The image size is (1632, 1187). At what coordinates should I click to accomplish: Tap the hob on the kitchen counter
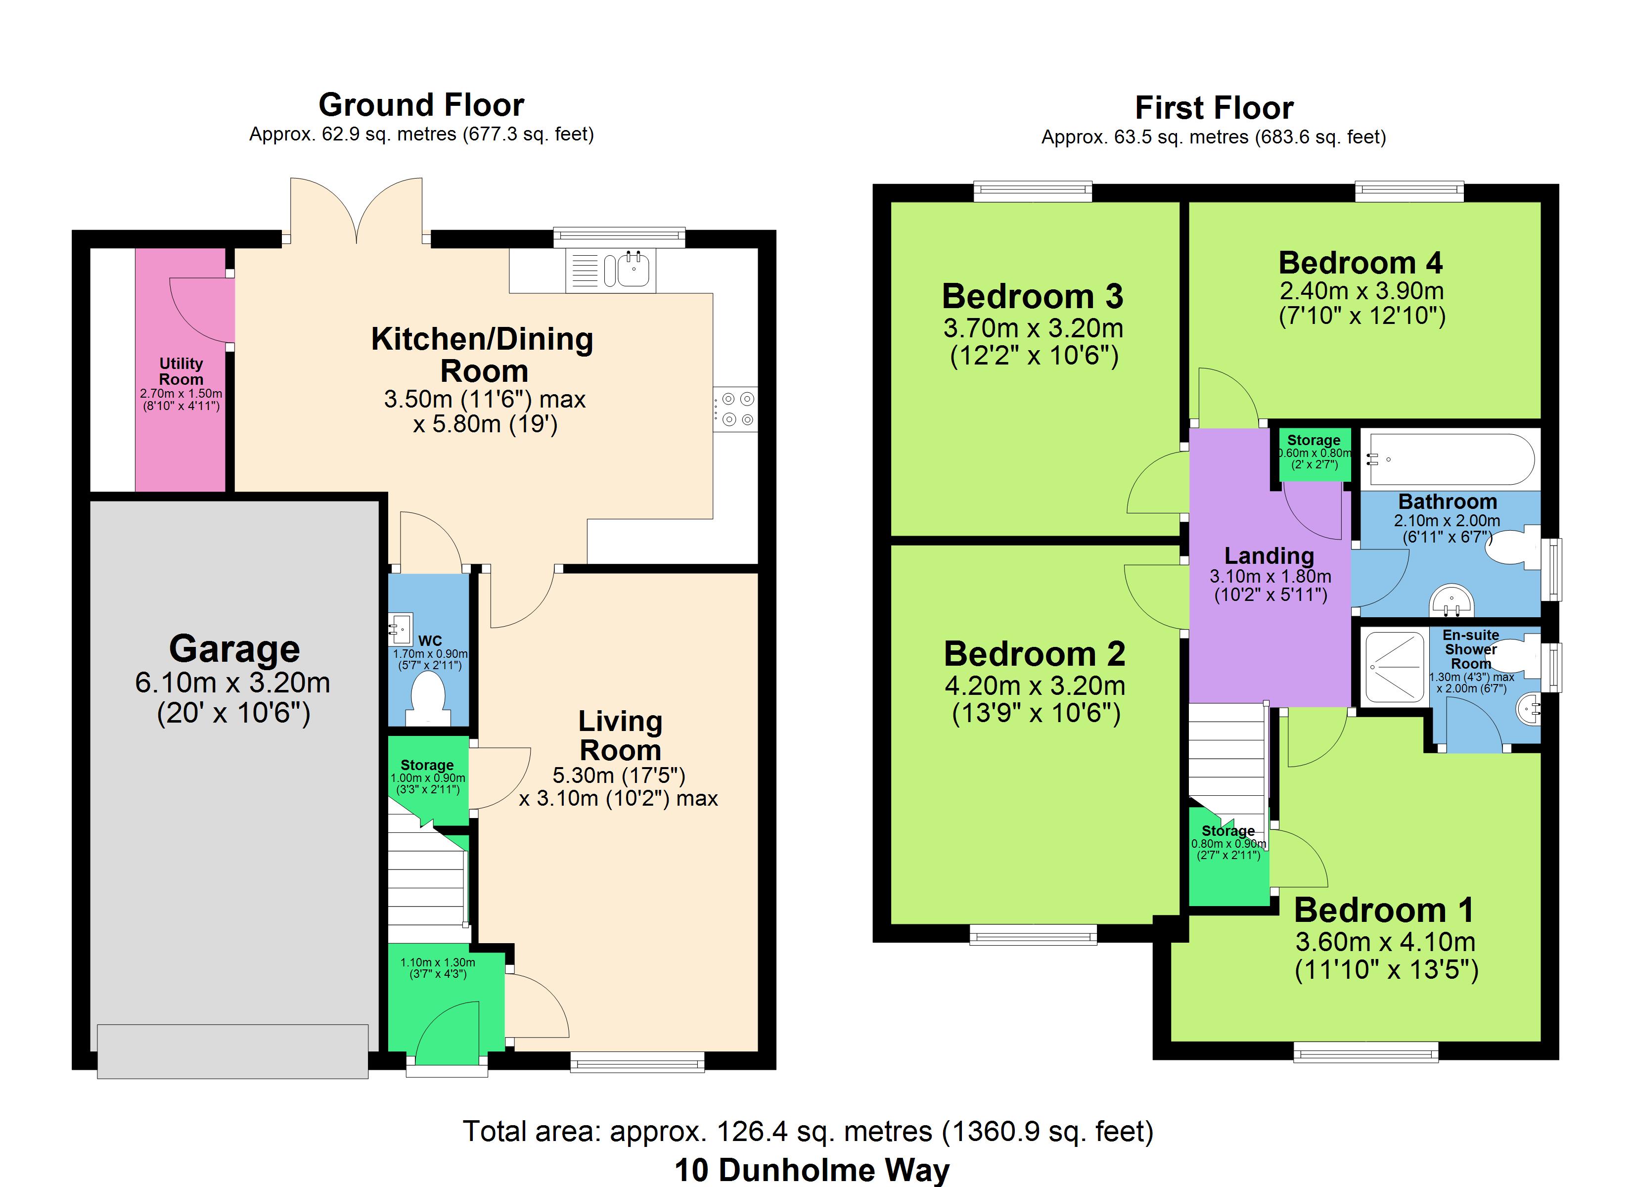click(x=735, y=409)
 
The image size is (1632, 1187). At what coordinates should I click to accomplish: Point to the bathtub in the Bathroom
click(x=1449, y=458)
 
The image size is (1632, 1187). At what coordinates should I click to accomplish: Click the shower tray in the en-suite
click(x=1395, y=667)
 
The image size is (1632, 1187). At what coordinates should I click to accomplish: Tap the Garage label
click(x=234, y=648)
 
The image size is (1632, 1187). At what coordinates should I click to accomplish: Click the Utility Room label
click(x=181, y=371)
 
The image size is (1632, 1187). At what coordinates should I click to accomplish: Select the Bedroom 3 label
click(x=1033, y=297)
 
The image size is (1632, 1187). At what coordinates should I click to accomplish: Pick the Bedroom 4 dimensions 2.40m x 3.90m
click(x=1361, y=291)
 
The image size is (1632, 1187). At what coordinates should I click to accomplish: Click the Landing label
click(x=1269, y=556)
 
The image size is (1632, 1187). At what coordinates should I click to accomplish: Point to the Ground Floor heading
click(x=422, y=105)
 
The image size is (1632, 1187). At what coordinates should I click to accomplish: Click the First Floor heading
click(x=1214, y=108)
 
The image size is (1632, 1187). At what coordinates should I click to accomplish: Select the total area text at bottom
click(x=808, y=1132)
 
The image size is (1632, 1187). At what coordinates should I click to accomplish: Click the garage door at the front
click(x=232, y=1051)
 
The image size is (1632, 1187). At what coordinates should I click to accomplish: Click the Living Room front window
click(x=637, y=1062)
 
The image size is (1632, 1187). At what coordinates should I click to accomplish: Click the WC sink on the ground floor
click(x=400, y=629)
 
